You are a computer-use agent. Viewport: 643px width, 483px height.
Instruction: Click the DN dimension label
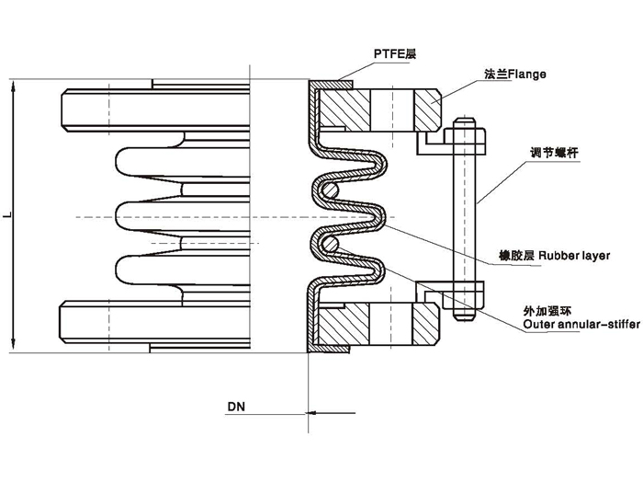(x=236, y=406)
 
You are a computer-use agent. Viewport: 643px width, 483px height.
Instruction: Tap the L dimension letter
(x=6, y=216)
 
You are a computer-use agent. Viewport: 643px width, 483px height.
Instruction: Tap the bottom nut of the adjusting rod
(x=465, y=310)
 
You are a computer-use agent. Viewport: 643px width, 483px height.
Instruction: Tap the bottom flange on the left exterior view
(x=156, y=325)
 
